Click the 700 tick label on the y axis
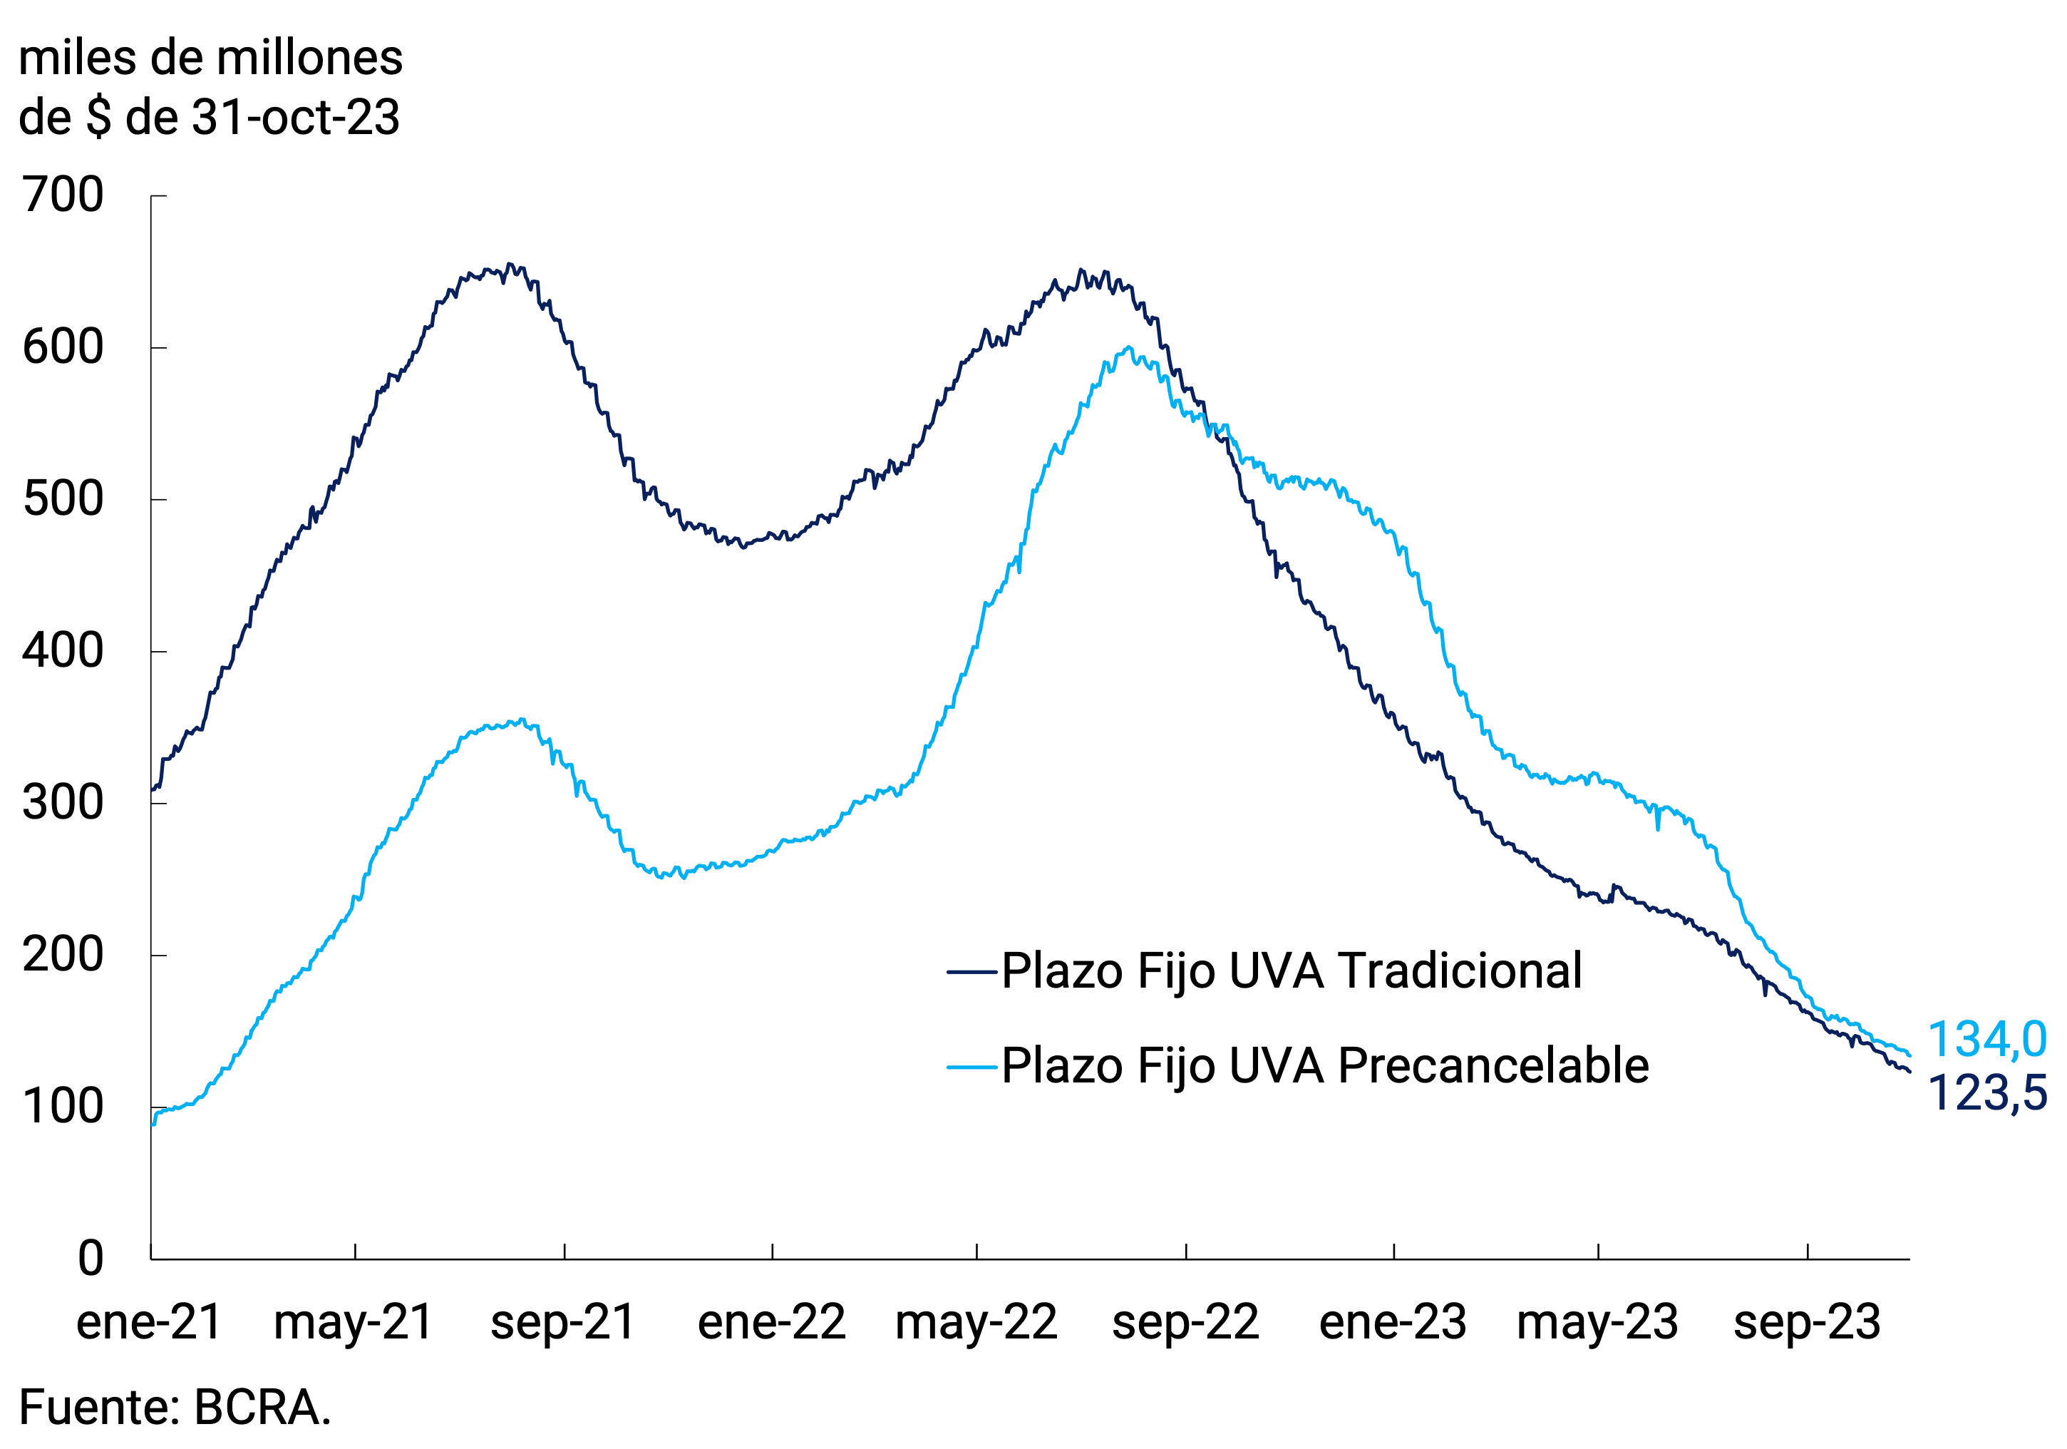(63, 195)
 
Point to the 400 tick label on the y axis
(63, 651)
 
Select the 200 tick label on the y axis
(63, 955)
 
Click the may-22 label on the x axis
(976, 1323)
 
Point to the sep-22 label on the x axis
(1185, 1323)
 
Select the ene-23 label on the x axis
(1393, 1323)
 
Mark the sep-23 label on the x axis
(1807, 1323)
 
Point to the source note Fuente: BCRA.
(175, 1408)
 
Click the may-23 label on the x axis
(1597, 1323)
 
